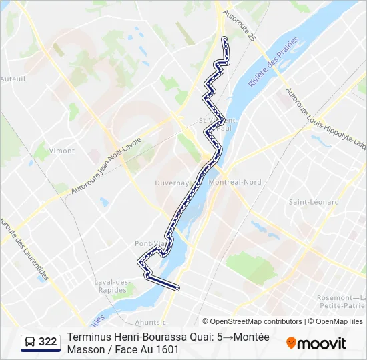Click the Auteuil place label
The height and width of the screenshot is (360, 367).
tap(13, 78)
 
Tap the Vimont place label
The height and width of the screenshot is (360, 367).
tap(61, 151)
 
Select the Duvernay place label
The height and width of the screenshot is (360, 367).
tap(173, 181)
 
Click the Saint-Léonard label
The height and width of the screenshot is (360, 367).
tap(314, 201)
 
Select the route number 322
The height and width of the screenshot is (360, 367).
tap(48, 342)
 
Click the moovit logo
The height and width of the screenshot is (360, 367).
tap(316, 343)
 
